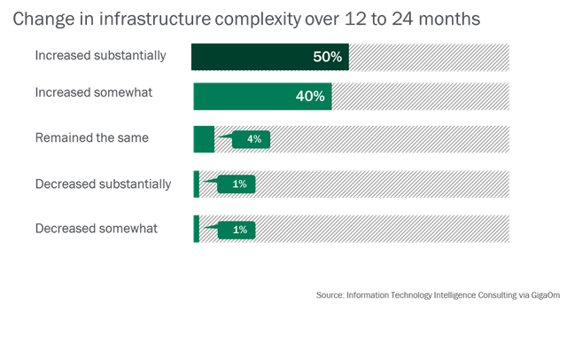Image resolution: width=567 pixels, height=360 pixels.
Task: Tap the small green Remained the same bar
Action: click(x=204, y=139)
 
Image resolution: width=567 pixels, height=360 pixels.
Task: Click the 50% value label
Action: click(x=327, y=56)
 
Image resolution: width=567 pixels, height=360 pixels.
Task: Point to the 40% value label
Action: click(x=310, y=97)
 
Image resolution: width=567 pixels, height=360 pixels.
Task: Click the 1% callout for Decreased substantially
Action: click(x=237, y=184)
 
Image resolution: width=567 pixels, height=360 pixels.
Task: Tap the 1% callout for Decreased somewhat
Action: click(x=237, y=230)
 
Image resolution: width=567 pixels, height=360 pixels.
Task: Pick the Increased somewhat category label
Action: click(x=95, y=92)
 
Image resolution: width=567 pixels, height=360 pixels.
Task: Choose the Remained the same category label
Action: click(x=91, y=137)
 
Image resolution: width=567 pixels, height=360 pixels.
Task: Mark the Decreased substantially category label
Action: click(x=103, y=184)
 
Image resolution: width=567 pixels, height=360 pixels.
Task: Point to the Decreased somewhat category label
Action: click(x=96, y=229)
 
